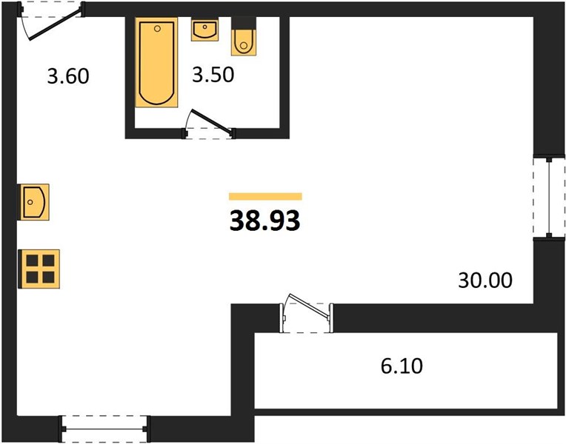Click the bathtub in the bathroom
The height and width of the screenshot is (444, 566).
point(156,62)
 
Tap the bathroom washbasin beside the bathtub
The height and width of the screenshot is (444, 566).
point(204,30)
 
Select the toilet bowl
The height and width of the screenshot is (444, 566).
point(244,42)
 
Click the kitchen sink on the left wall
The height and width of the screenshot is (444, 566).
point(34,202)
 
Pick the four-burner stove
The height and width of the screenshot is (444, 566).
point(40,269)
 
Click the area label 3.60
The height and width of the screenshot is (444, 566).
point(68,76)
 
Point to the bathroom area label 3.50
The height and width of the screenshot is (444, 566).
point(213,75)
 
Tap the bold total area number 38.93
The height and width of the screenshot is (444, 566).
point(265,221)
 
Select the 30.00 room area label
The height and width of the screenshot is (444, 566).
point(485,280)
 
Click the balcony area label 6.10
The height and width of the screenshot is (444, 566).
point(402,366)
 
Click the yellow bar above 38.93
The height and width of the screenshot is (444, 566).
point(265,196)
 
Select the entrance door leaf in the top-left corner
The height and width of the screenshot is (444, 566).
point(56,24)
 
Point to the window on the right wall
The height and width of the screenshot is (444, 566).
point(549,197)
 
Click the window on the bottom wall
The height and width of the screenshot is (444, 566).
point(104,428)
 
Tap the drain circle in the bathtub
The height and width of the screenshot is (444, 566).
point(157,29)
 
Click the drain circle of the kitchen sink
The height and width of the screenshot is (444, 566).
point(30,202)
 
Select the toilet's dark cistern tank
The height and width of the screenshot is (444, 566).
point(244,23)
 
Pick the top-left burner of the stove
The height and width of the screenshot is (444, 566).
point(32,260)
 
